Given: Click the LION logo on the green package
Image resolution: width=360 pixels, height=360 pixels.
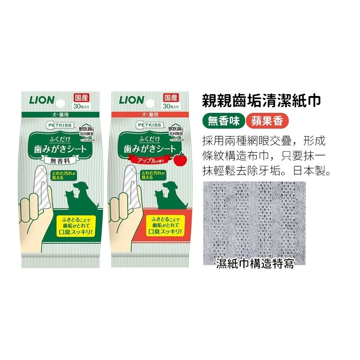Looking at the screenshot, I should click(x=42, y=100).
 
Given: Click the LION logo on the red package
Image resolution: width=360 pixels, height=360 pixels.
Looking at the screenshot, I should click(x=131, y=100).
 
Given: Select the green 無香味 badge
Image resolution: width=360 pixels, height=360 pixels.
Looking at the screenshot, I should click(x=223, y=121).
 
